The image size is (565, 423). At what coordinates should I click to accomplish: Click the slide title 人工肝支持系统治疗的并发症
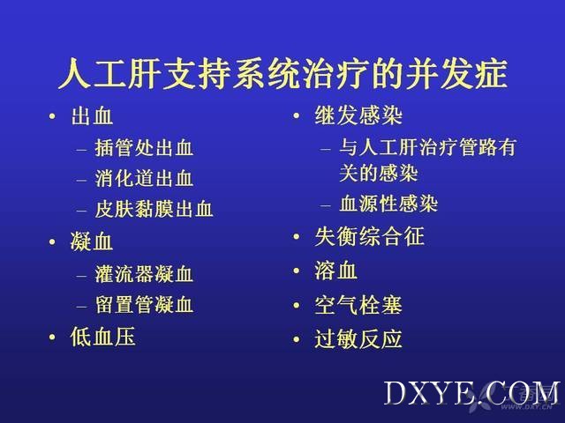(x=282, y=74)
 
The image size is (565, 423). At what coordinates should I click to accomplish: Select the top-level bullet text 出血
(x=92, y=115)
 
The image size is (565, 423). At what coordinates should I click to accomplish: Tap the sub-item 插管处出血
(x=144, y=148)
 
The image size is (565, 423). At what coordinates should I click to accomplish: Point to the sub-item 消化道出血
(x=144, y=178)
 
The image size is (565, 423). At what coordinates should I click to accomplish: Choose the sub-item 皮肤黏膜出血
(x=154, y=209)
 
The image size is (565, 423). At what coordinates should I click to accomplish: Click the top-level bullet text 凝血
(x=92, y=241)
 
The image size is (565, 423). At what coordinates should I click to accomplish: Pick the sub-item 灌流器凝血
(x=144, y=274)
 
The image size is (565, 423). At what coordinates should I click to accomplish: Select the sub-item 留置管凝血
(x=144, y=305)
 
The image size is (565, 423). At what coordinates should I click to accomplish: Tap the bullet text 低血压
(x=102, y=337)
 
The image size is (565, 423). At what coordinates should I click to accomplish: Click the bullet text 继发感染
(x=358, y=115)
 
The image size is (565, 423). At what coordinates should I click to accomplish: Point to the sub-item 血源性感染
(x=388, y=204)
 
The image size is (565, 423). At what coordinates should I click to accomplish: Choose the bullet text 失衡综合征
(x=369, y=236)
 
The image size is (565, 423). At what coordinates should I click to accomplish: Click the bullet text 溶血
(x=335, y=271)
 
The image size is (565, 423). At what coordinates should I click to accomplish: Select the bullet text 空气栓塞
(x=358, y=305)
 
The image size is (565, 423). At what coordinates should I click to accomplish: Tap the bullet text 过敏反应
(x=358, y=338)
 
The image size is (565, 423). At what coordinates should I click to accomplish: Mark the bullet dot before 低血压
(x=52, y=338)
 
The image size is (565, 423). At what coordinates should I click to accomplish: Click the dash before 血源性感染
(x=326, y=206)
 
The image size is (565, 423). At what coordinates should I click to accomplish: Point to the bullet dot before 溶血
(x=297, y=271)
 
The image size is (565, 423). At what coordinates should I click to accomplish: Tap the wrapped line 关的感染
(x=379, y=174)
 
